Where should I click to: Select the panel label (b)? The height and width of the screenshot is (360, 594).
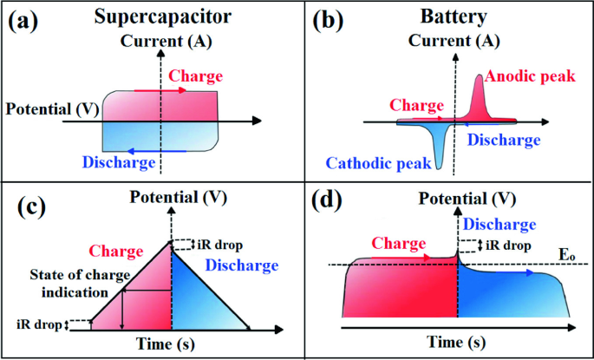tap(325, 22)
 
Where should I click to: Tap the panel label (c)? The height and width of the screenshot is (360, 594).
tap(26, 207)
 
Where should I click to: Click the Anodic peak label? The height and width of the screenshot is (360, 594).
tap(530, 77)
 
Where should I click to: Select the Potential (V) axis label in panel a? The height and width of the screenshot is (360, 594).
tap(50, 109)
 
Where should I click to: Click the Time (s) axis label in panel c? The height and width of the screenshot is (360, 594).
tap(171, 345)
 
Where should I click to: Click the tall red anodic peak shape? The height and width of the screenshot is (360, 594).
tap(478, 98)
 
